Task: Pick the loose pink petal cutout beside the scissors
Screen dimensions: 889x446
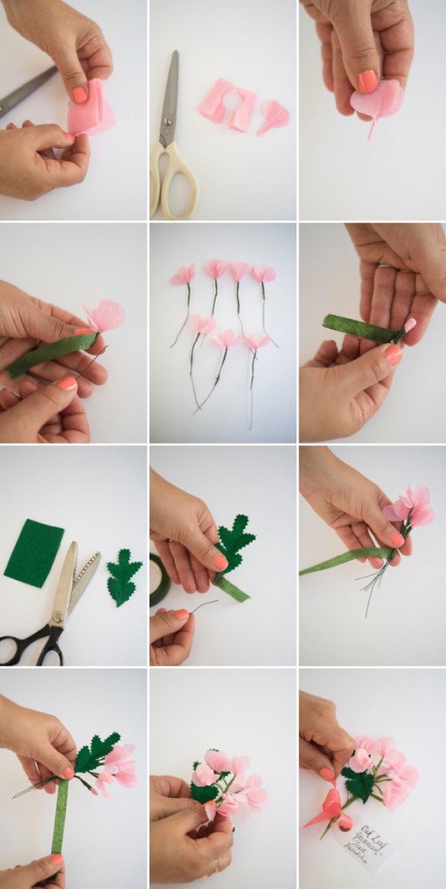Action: (x=272, y=115)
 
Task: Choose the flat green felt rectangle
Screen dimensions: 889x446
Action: (x=34, y=552)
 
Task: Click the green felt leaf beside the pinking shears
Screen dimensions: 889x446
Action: (x=123, y=577)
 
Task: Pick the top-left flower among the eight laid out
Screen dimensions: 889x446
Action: (x=183, y=277)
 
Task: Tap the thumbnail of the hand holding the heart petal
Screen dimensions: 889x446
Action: (x=368, y=82)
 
